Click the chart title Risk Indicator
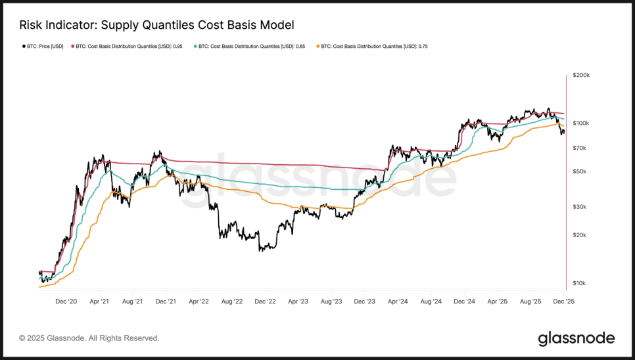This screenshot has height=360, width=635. coord(156,25)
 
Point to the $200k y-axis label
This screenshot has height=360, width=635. coord(581,76)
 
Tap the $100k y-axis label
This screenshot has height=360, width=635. coord(581,124)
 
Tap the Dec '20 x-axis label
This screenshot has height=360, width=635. coord(66,302)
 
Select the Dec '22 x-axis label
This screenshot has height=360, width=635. coord(265,302)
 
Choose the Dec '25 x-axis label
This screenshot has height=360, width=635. coord(563,302)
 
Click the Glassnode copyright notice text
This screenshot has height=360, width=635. coord(89,338)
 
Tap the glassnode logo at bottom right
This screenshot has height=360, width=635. coord(576,338)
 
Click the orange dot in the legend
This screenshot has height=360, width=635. coord(318,47)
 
